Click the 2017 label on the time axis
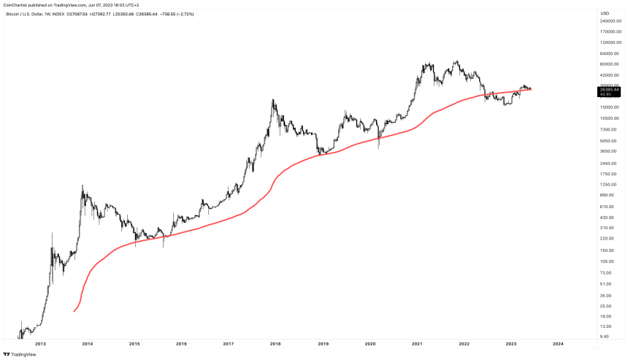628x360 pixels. click(228, 343)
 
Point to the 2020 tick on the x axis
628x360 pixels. click(369, 343)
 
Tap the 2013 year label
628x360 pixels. click(40, 343)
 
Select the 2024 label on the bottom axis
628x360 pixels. click(557, 343)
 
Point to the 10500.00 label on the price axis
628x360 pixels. click(609, 118)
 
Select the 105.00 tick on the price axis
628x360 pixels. click(607, 261)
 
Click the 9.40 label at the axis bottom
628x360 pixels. click(605, 337)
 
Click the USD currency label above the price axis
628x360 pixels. click(605, 13)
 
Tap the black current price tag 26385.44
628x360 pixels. click(609, 90)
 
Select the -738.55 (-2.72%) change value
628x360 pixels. click(196, 13)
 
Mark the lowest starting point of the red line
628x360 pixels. click(74, 312)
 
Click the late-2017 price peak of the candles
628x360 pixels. click(273, 100)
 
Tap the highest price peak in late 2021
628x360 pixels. click(457, 61)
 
